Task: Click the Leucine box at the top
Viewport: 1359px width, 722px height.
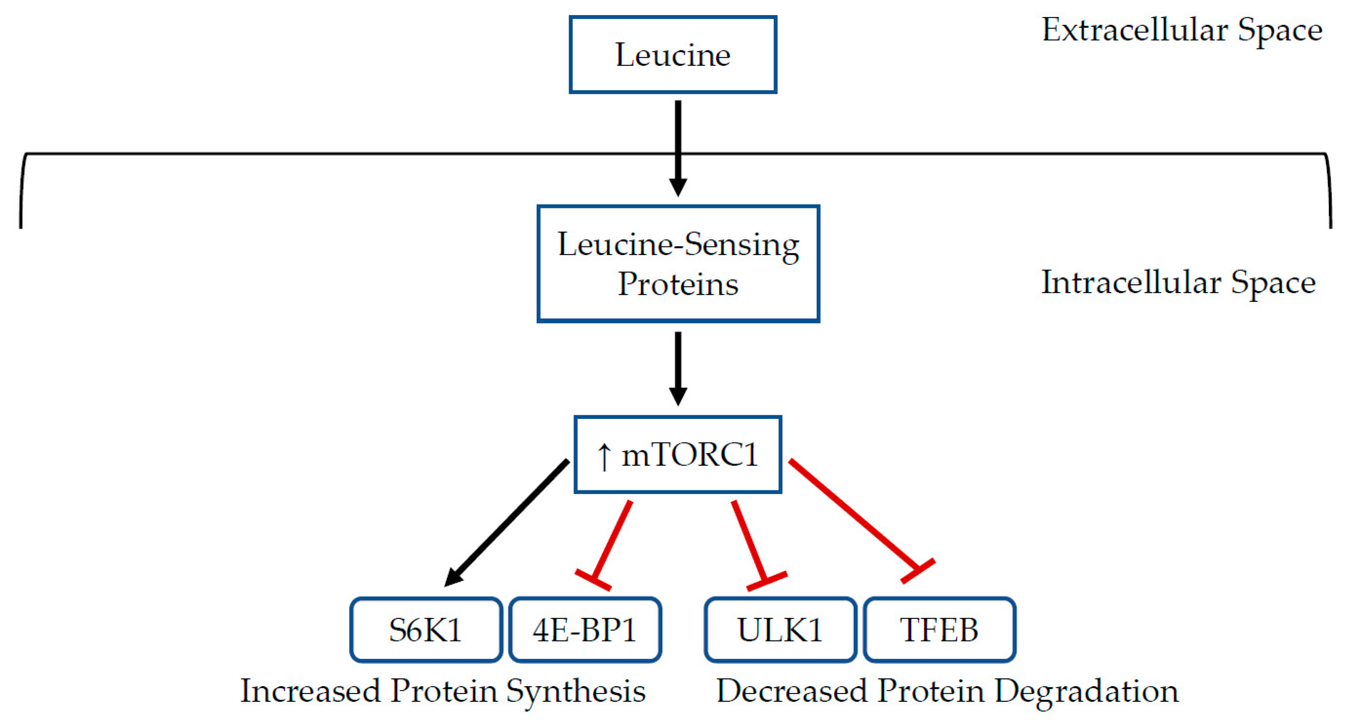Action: (673, 55)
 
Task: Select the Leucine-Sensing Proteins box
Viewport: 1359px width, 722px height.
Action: (678, 264)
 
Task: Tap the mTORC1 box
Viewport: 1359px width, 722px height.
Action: (678, 454)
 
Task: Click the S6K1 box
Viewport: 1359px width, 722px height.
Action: (425, 629)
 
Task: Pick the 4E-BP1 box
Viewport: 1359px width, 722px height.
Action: (584, 629)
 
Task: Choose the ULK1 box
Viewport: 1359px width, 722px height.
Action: (780, 629)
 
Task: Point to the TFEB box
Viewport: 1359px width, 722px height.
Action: (939, 629)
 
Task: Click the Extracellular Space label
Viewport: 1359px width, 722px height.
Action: (1182, 30)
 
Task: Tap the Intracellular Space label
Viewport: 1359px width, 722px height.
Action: (1178, 283)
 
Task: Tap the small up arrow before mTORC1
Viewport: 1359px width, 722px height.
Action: (604, 456)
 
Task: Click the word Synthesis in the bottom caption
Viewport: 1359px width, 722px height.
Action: (576, 691)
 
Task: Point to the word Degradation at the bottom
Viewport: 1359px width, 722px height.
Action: (1087, 691)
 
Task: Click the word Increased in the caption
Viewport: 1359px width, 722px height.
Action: (310, 691)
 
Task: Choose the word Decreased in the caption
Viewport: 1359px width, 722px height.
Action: (791, 691)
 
